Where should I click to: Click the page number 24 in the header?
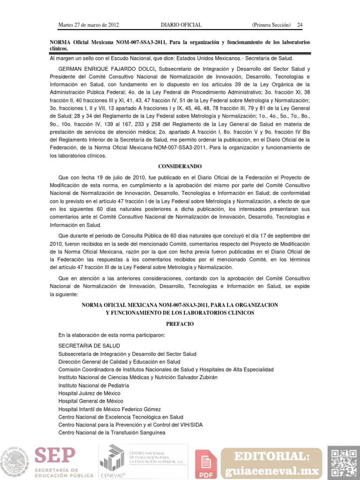[300, 24]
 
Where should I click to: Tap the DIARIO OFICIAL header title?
[181, 24]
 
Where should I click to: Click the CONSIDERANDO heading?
[180, 166]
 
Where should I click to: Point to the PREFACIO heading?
[180, 324]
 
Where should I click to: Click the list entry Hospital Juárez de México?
[89, 393]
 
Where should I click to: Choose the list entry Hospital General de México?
[91, 401]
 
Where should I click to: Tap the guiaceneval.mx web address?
[272, 471]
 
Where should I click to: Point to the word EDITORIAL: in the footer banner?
[272, 456]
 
